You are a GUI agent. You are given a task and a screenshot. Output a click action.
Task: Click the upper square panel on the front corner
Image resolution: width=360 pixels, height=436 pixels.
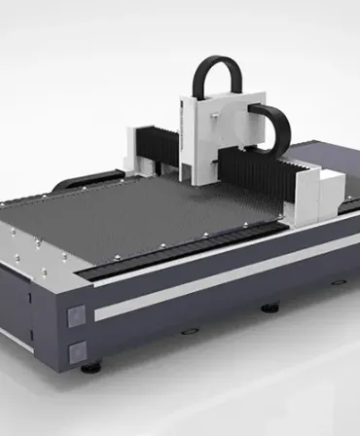(x=76, y=314)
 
